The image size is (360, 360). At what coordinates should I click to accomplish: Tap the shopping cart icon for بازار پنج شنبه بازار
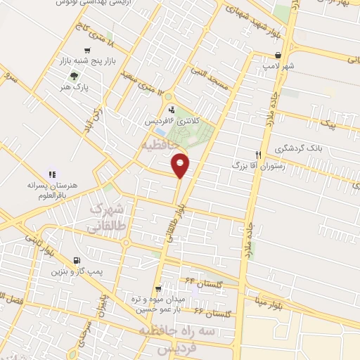pos(87,51)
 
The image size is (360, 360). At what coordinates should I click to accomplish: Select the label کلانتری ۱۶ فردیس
pos(172,121)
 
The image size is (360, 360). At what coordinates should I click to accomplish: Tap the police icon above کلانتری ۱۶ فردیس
pos(172,109)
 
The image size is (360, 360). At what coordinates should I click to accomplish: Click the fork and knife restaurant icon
pos(259,155)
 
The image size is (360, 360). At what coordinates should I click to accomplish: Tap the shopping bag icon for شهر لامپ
pos(279,55)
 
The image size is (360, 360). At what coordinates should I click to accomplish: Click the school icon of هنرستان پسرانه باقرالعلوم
pos(51,174)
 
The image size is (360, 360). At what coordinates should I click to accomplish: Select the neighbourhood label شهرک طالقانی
pos(108,218)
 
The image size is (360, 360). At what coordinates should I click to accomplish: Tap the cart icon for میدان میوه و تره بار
pos(159,288)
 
